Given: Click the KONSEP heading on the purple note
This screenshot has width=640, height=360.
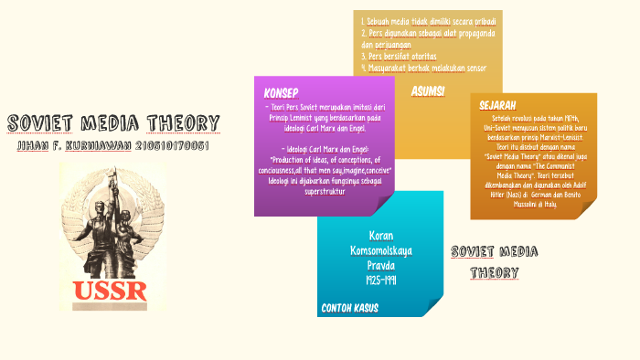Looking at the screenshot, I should (x=281, y=94).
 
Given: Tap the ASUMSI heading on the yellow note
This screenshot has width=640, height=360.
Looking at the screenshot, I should (x=428, y=90).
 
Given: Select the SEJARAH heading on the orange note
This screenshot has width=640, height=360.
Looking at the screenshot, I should (x=497, y=105).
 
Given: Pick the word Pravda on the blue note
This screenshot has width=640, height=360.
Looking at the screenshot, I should (x=380, y=265).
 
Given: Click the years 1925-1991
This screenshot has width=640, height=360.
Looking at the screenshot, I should (x=380, y=280).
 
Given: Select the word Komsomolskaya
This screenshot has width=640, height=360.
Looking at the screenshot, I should (x=380, y=249).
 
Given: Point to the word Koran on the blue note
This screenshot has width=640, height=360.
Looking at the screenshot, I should (x=380, y=235).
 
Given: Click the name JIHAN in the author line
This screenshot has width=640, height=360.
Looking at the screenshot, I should (x=33, y=145).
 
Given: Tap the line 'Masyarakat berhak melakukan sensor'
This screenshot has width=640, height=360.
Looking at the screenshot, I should (x=423, y=68).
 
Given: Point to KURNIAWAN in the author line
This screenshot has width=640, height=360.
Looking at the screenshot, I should (x=101, y=145).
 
